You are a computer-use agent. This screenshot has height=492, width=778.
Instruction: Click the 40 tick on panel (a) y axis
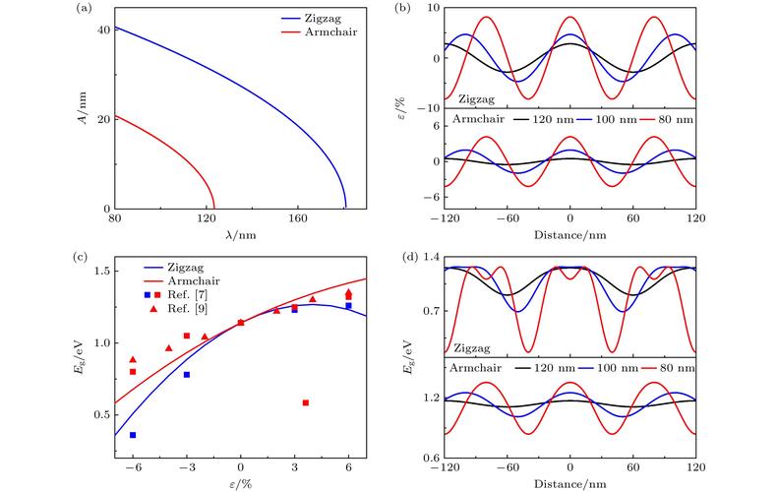(x=101, y=30)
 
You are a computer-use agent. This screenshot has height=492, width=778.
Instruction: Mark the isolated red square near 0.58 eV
(x=306, y=402)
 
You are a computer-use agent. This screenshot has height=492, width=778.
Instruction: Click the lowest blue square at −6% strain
(x=133, y=435)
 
